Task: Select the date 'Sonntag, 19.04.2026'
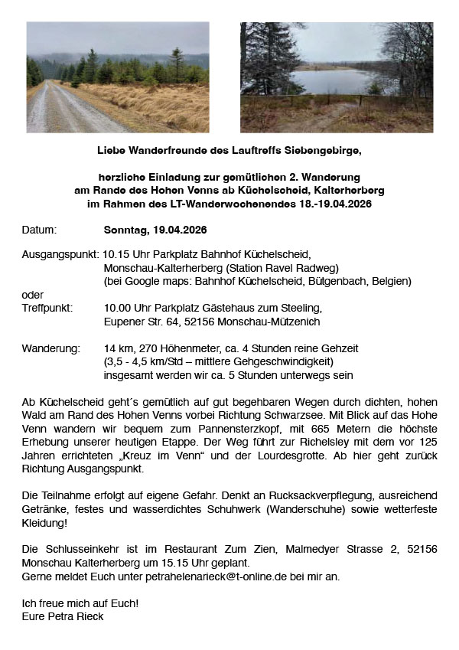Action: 155,230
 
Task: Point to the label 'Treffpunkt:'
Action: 47,309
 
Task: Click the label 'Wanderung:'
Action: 50,348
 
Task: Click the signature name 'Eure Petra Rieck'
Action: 63,616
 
